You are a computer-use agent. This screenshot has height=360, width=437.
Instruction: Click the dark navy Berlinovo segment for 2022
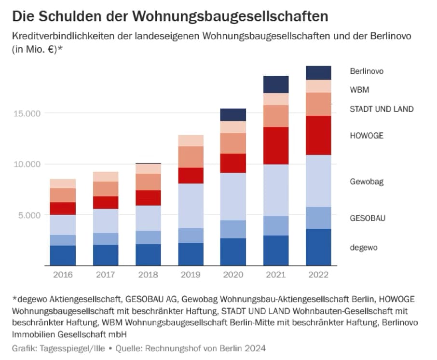point(318,73)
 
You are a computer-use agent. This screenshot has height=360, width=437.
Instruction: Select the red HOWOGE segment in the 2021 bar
point(276,146)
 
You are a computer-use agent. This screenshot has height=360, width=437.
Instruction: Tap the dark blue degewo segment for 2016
point(63,255)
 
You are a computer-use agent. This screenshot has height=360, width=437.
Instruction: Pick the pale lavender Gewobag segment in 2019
point(191,206)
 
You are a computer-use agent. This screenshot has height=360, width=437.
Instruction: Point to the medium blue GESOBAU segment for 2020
point(233,229)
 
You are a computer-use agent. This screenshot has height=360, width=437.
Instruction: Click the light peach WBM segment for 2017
point(106,177)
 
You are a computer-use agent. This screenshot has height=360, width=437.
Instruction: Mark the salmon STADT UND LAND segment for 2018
point(148,182)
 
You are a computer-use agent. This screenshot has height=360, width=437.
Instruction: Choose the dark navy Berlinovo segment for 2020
point(233,115)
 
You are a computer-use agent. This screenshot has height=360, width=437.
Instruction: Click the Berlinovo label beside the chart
point(367,71)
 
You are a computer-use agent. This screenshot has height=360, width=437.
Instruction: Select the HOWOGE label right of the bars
point(367,136)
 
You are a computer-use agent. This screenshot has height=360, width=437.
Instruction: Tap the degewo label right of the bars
point(364,248)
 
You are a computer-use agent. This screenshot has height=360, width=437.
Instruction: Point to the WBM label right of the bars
point(359,90)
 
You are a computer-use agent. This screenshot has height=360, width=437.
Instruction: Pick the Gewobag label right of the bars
point(367,181)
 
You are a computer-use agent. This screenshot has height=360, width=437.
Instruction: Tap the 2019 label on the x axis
point(191,275)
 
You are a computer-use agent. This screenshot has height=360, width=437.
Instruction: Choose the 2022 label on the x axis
point(318,275)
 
